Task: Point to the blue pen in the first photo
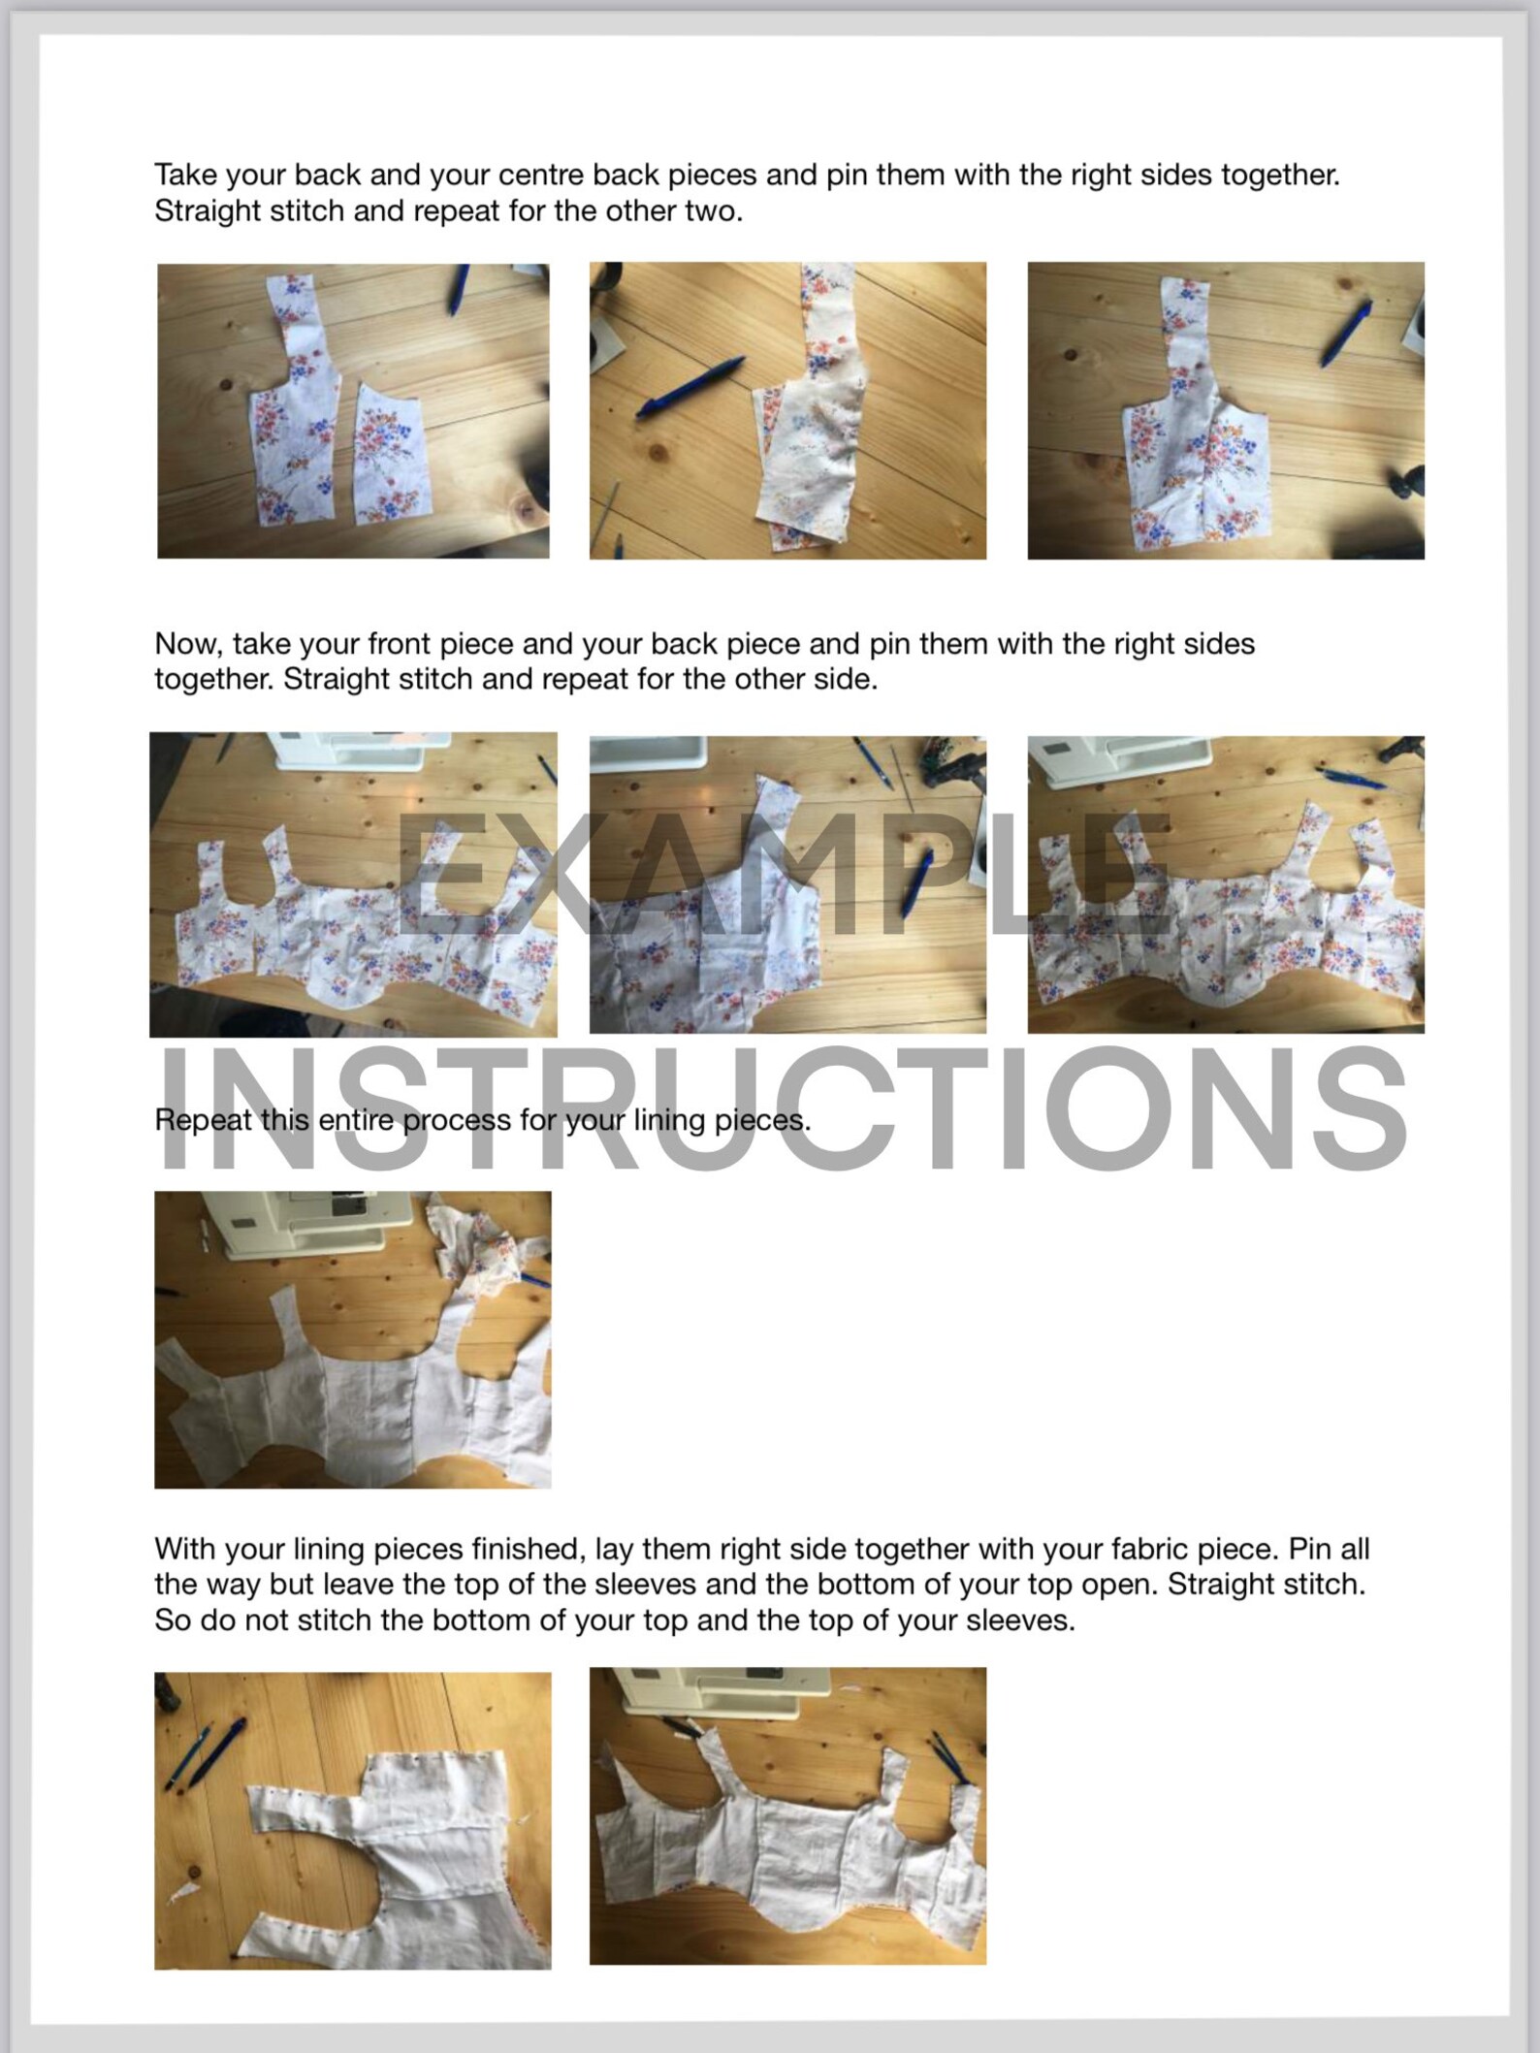tap(458, 290)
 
